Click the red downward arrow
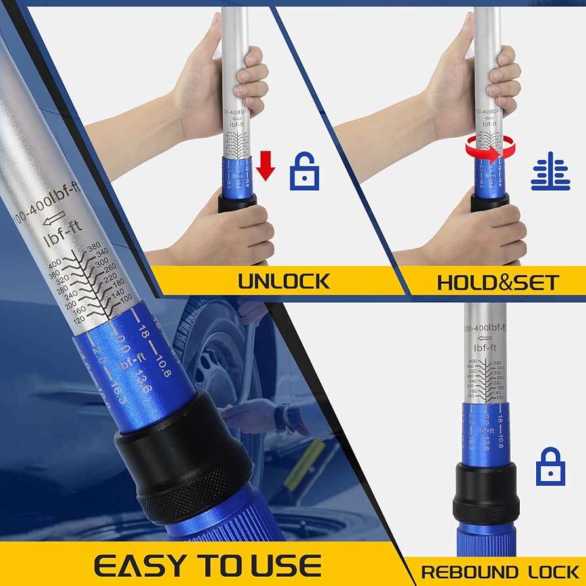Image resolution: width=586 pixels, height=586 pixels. point(265,165)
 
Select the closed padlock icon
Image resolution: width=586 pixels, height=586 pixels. point(550,466)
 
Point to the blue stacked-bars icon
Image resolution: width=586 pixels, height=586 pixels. point(550,172)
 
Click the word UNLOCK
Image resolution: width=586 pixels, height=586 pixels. point(283,281)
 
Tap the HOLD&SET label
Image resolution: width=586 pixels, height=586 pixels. point(498,283)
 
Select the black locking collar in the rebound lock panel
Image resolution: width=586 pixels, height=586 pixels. point(486,491)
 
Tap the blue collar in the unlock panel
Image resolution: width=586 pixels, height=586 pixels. point(236,177)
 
